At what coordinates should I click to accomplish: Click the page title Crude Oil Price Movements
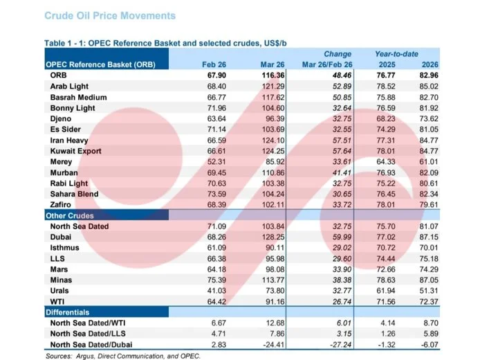[110, 15]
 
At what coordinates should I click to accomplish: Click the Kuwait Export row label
[76, 150]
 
